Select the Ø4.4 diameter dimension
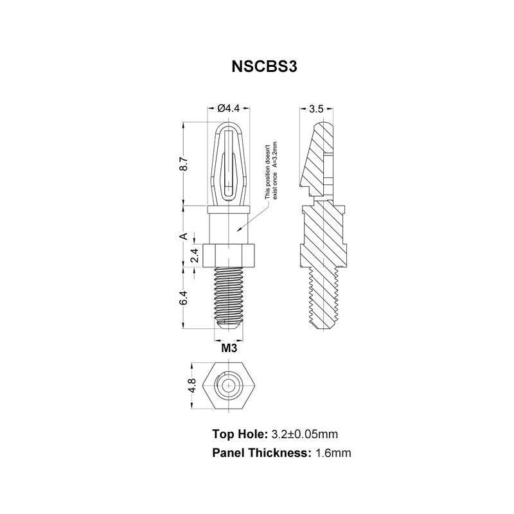point(229,109)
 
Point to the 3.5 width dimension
point(316,109)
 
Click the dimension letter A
point(184,236)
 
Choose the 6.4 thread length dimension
point(184,299)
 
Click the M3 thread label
point(229,349)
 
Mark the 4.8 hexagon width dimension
point(191,387)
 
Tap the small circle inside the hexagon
point(228,387)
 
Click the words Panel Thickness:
point(261,453)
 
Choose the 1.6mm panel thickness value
point(333,453)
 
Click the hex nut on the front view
point(229,255)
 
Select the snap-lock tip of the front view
point(229,161)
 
